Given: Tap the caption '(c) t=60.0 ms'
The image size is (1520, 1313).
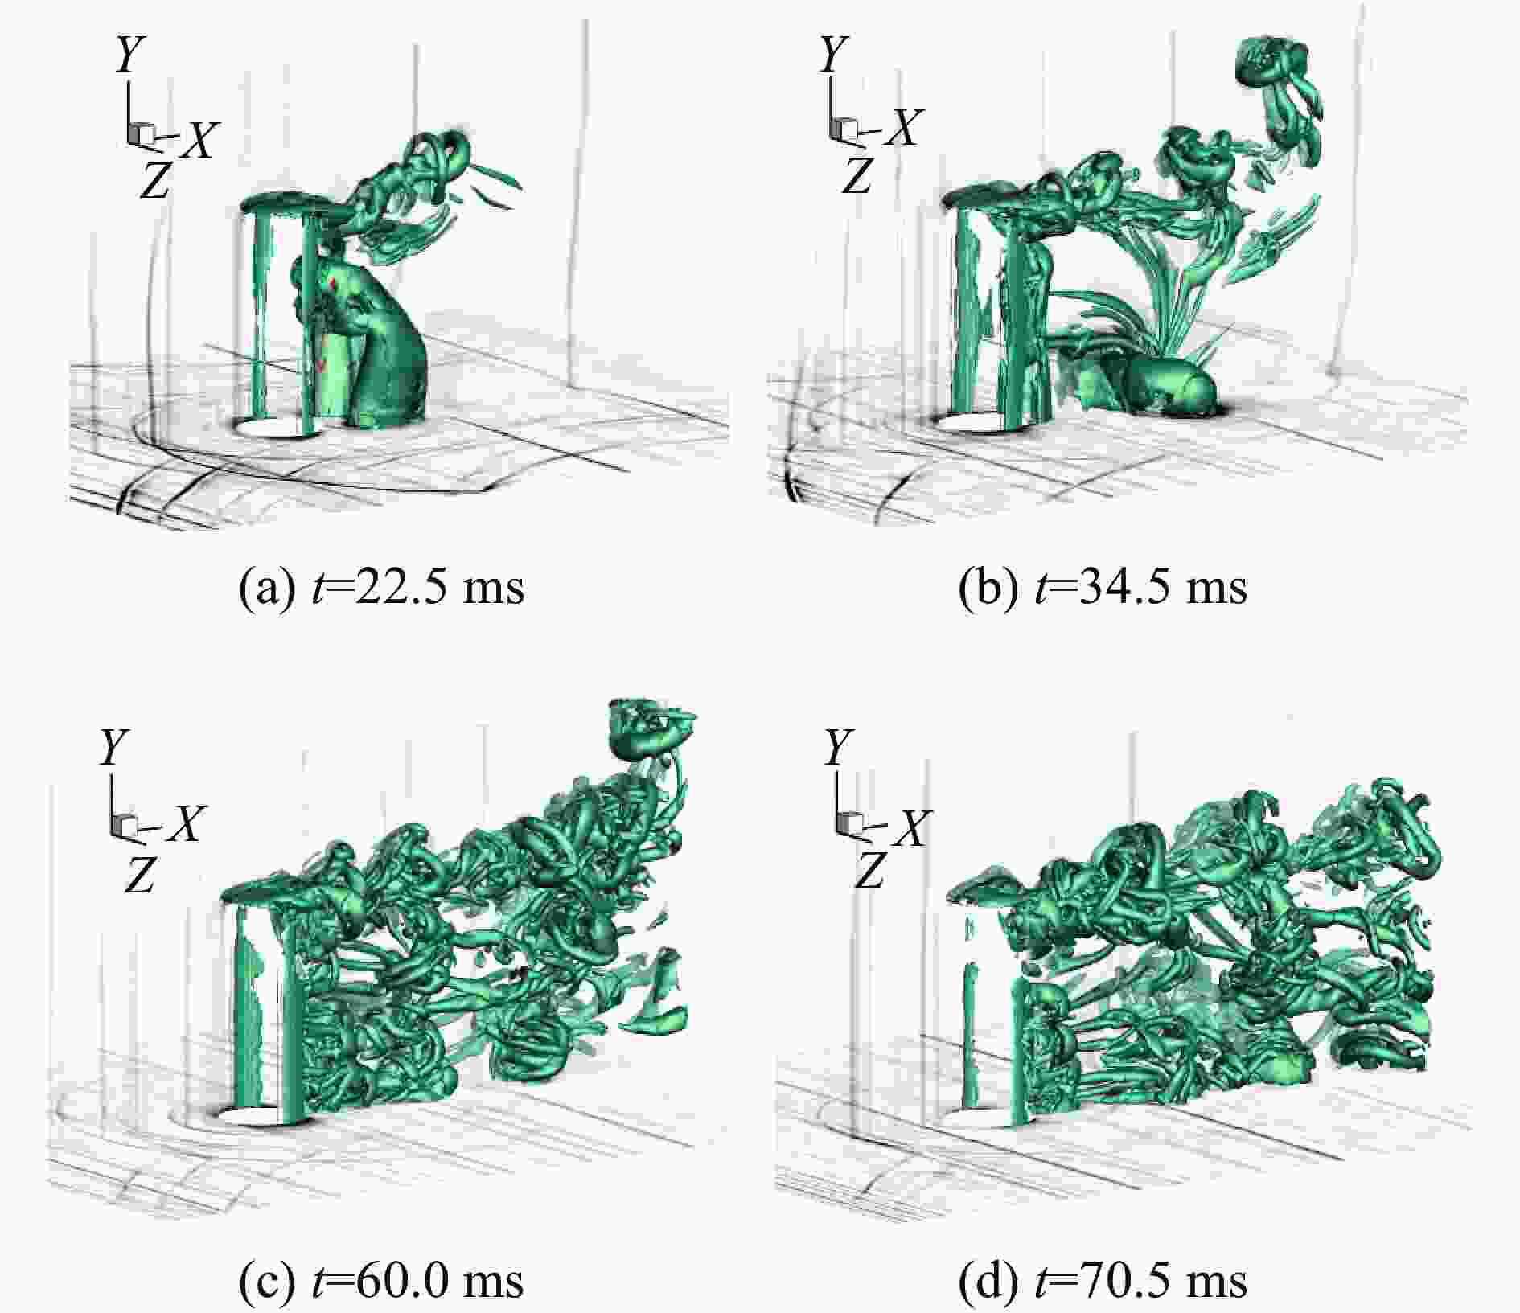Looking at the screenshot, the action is point(382,1280).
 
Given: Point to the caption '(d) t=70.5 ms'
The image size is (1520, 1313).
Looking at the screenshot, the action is point(1103,1280).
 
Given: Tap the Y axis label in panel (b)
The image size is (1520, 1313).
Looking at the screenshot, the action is point(833,54).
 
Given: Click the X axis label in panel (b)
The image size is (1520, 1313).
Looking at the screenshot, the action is point(901,128).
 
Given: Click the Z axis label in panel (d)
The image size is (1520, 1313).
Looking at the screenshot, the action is point(869,870).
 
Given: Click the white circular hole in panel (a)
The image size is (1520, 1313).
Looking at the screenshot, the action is point(277,427).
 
